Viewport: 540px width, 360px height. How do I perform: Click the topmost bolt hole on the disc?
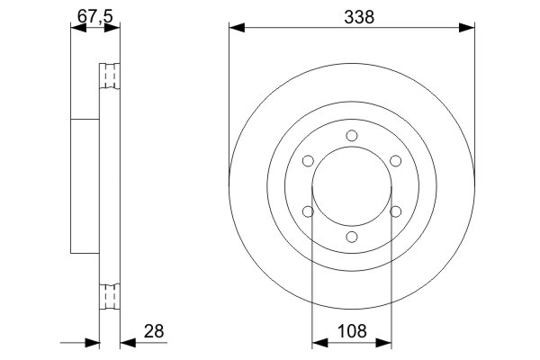(x=352, y=137)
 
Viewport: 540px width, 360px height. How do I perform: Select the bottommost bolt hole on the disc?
(x=352, y=237)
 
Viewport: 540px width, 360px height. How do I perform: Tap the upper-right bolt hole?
(x=395, y=161)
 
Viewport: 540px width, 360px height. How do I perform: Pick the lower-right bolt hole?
(x=395, y=211)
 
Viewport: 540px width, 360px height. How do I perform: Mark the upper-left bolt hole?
(x=309, y=162)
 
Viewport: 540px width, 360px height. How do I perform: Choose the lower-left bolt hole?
(x=309, y=211)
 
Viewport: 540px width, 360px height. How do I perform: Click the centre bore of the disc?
(x=352, y=186)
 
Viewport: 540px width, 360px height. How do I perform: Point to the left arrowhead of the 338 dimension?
(x=235, y=28)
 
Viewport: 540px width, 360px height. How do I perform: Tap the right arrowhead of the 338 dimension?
(x=469, y=28)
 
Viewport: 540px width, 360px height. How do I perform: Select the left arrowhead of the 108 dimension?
(x=318, y=343)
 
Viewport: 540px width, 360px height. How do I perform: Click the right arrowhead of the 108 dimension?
(x=386, y=343)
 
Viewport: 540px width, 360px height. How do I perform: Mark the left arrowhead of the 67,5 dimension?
(x=76, y=28)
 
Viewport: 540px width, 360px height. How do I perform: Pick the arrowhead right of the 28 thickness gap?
(x=125, y=343)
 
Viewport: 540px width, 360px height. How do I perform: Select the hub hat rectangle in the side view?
(x=84, y=186)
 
